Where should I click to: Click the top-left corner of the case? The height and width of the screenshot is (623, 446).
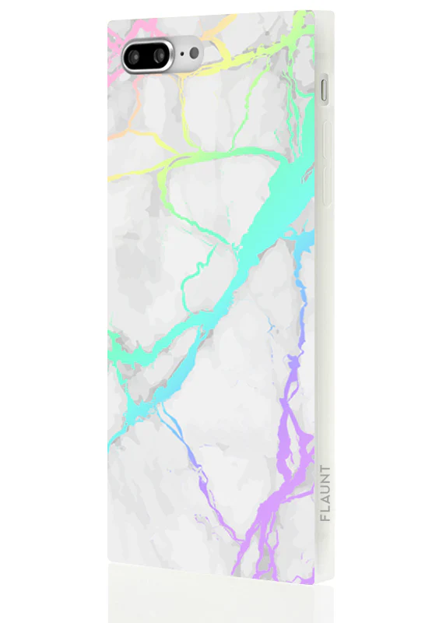pos(109,23)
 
